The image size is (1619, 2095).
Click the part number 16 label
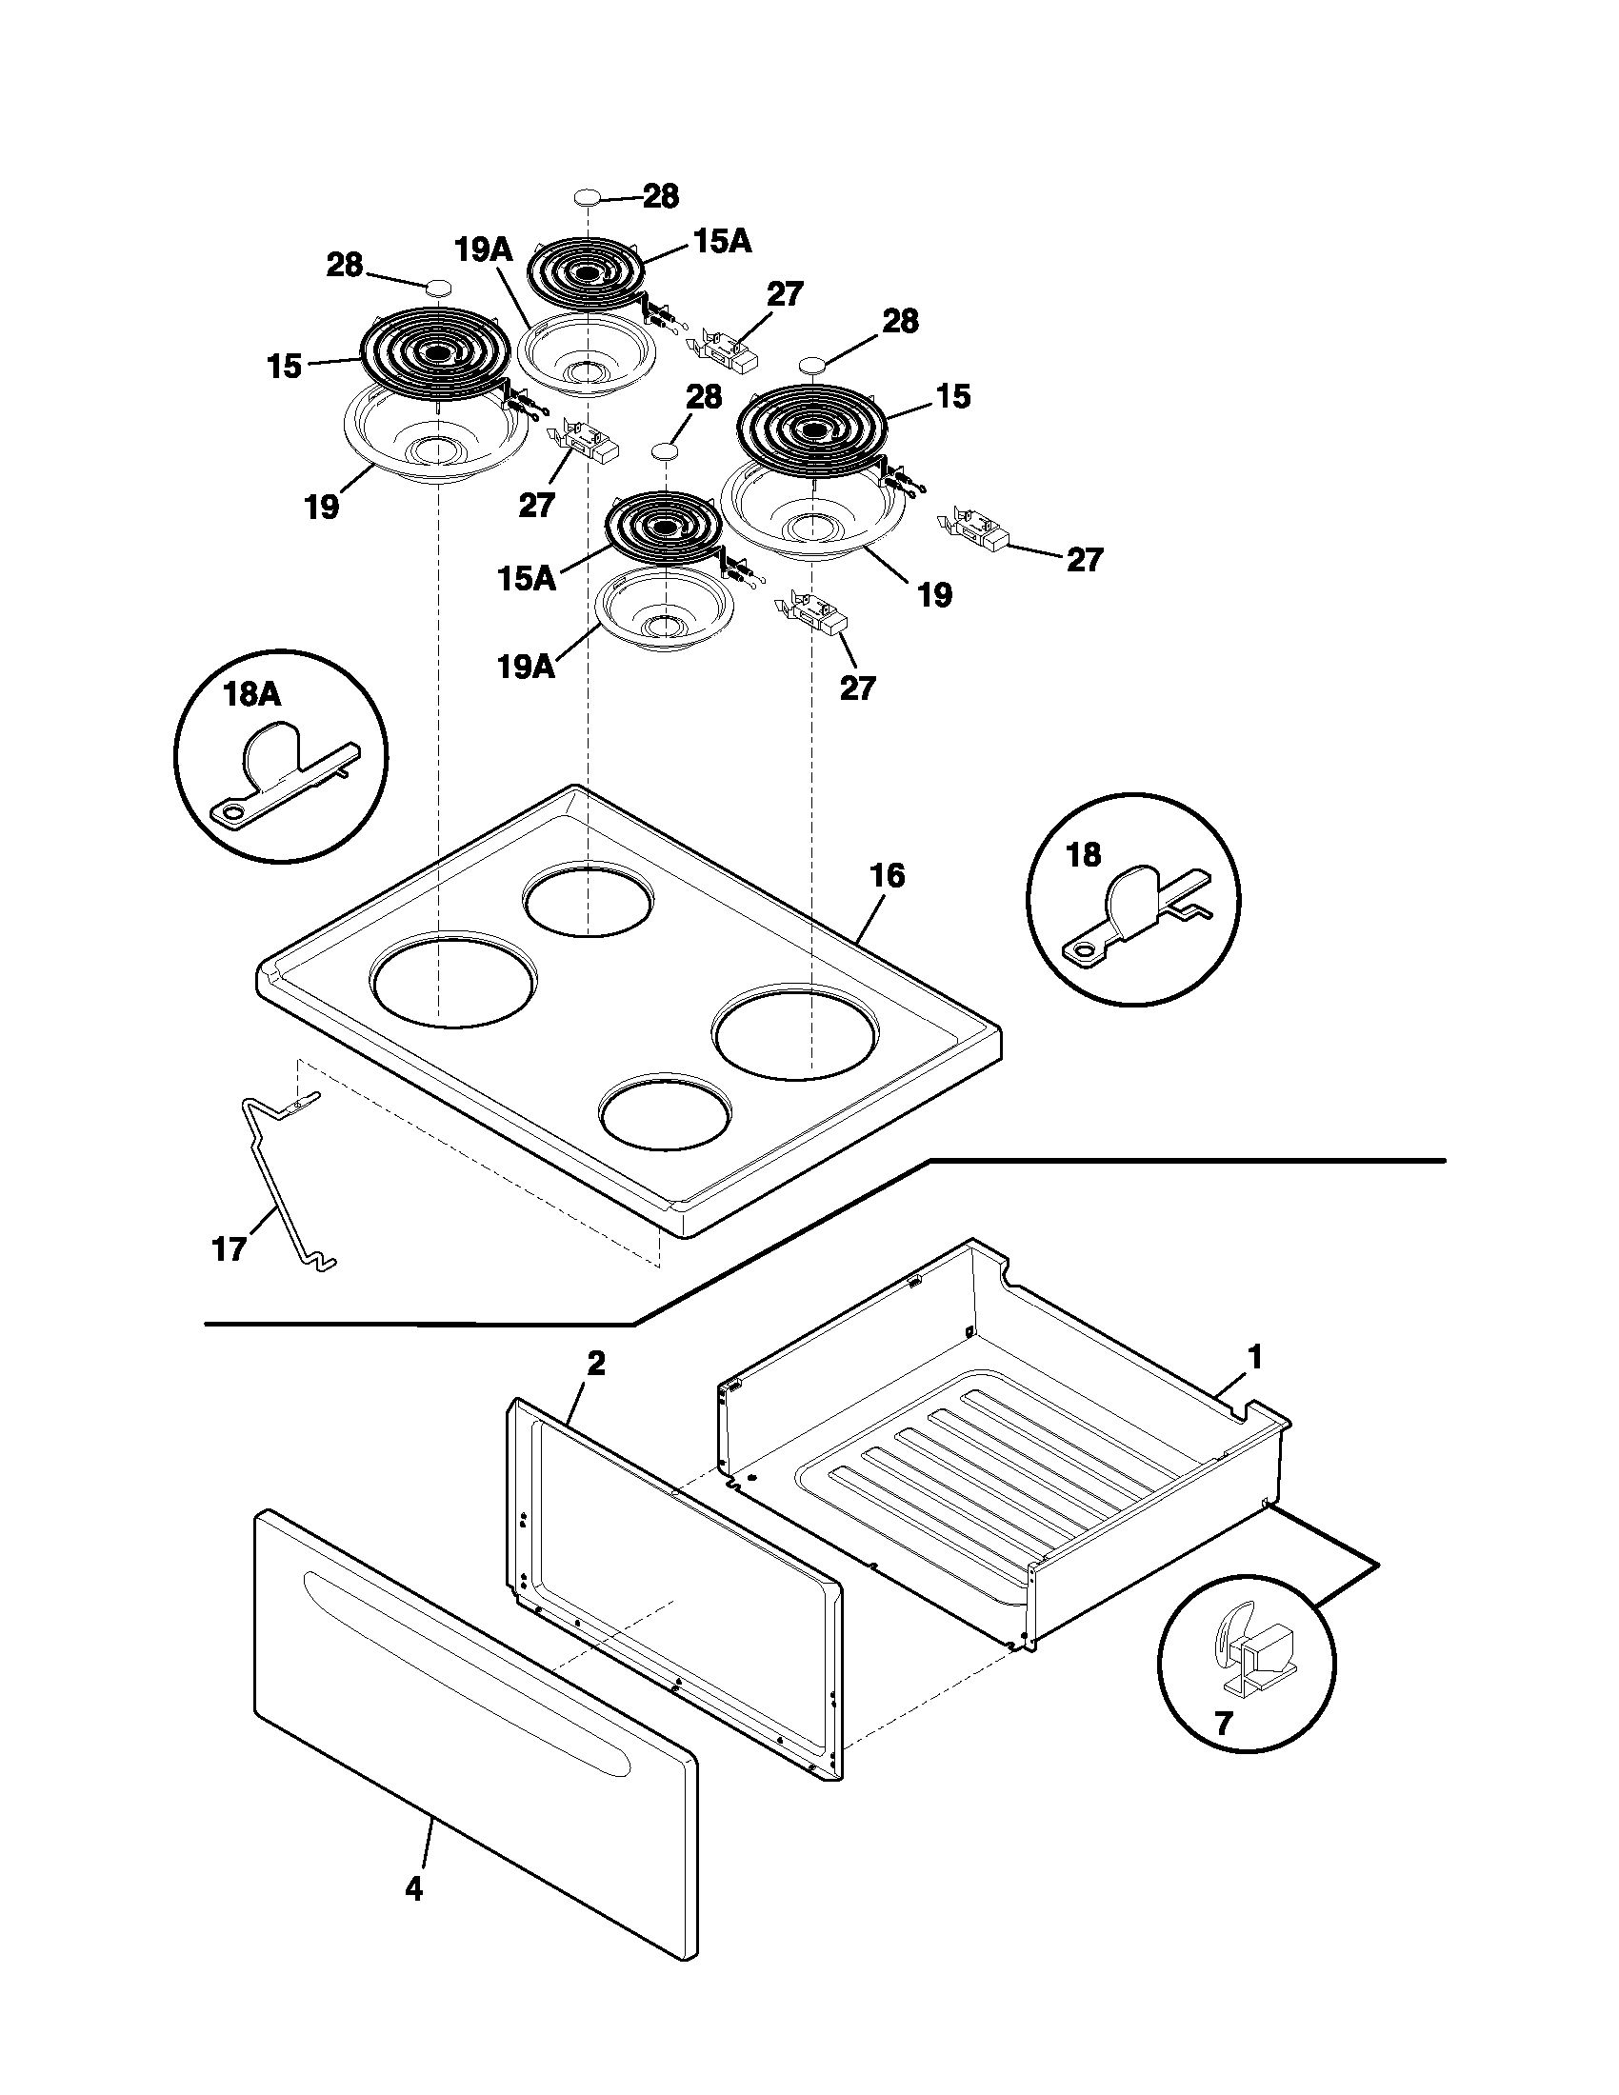pyautogui.click(x=888, y=876)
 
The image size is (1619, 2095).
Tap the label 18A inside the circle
pyautogui.click(x=252, y=694)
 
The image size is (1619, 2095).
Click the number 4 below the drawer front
pyautogui.click(x=413, y=1888)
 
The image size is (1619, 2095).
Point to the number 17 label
pyautogui.click(x=229, y=1249)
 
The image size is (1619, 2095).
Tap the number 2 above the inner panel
pyautogui.click(x=595, y=1364)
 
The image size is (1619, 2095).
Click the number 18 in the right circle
pyautogui.click(x=1084, y=855)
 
